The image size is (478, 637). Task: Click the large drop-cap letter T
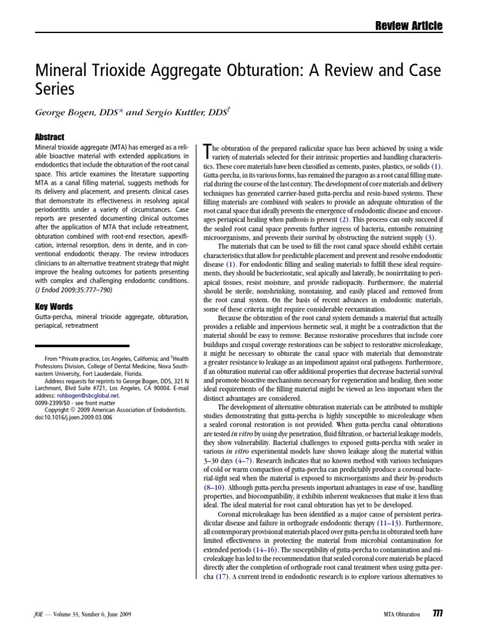208,152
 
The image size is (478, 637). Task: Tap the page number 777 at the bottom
437,615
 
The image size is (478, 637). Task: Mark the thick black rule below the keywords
83,345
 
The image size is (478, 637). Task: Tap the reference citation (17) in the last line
223,576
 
